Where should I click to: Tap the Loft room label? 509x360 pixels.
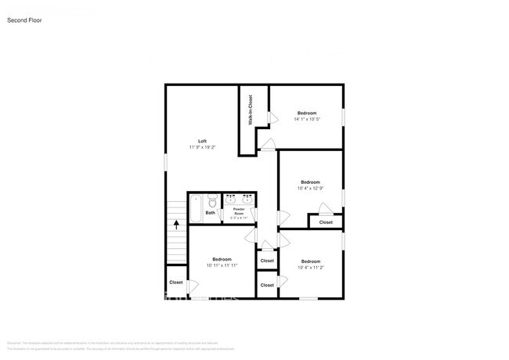pos(202,141)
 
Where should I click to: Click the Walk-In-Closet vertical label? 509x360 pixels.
pos(251,110)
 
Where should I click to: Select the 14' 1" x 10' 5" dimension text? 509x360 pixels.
pos(306,120)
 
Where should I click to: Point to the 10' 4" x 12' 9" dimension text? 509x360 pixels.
pos(310,189)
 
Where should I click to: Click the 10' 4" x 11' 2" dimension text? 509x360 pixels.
pos(311,268)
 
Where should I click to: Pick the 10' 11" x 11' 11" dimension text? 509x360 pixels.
pos(222,265)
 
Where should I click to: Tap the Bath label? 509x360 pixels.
pos(211,213)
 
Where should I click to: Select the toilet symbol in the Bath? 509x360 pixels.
pos(211,200)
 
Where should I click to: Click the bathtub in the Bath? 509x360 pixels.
pos(195,207)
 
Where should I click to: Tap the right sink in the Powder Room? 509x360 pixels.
pos(247,199)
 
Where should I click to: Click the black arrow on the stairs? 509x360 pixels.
pos(176,225)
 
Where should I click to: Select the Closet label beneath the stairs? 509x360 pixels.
pos(176,283)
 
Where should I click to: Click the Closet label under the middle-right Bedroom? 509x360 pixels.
pos(326,222)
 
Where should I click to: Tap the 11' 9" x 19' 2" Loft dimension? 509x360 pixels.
pos(202,147)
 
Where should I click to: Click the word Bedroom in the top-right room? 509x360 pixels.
pos(306,113)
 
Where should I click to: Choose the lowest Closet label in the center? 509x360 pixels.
pos(267,285)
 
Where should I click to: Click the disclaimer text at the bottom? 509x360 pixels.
pos(157,344)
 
